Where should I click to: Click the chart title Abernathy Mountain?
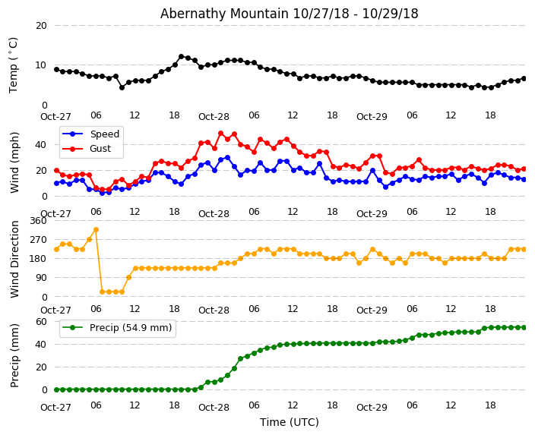coord(289,14)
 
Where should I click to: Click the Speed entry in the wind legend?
coord(104,134)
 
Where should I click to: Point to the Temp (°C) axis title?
coord(14,65)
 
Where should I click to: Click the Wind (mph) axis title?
coord(14,162)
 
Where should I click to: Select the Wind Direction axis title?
coord(14,258)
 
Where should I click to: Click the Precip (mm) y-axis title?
coord(14,355)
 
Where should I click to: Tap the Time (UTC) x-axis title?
coord(290,422)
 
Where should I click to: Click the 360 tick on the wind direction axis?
coord(37,220)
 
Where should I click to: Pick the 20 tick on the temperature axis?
coord(41,25)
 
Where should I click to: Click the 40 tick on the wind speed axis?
coord(41,144)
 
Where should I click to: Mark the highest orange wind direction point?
coord(96,229)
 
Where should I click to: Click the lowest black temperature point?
coord(122,87)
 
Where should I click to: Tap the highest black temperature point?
coord(181,56)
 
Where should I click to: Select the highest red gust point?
coord(220,133)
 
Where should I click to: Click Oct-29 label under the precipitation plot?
coord(372,408)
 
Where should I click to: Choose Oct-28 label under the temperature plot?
coord(214,117)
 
